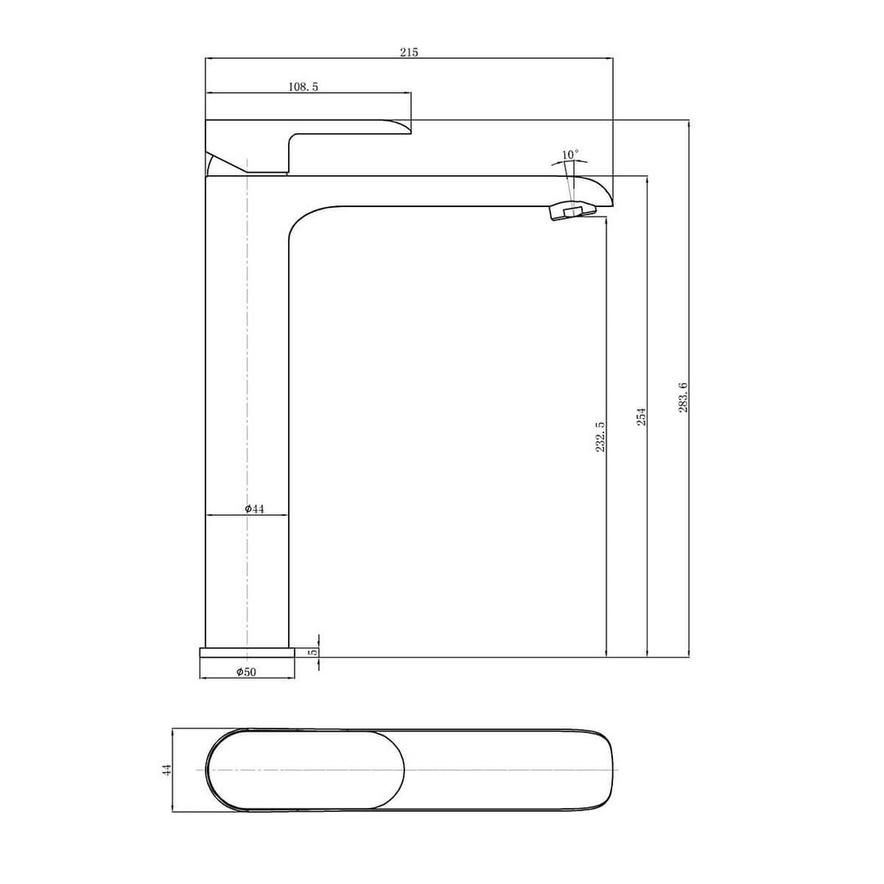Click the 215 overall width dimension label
pyautogui.click(x=408, y=52)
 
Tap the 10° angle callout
pyautogui.click(x=570, y=155)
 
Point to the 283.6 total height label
pyautogui.click(x=683, y=397)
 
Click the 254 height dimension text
pyautogui.click(x=642, y=416)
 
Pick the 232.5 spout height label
pyautogui.click(x=600, y=436)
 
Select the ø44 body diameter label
pyautogui.click(x=255, y=509)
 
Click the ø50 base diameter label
pyautogui.click(x=246, y=672)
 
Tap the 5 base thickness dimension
pyautogui.click(x=312, y=652)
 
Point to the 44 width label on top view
pyautogui.click(x=167, y=769)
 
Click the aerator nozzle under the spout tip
pyautogui.click(x=572, y=212)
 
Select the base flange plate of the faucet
pyautogui.click(x=246, y=652)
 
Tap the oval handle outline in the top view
pyautogui.click(x=304, y=769)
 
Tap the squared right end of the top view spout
pyautogui.click(x=607, y=769)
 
